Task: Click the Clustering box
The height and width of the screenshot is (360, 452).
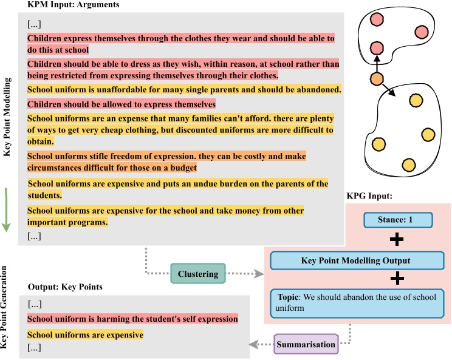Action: tap(199, 274)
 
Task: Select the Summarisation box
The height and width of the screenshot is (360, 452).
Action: tap(306, 345)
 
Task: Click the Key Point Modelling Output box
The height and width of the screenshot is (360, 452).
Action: tap(355, 260)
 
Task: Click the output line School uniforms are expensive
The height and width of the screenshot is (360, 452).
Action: tap(85, 335)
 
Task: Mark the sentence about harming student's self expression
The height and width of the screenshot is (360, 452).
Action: tap(132, 319)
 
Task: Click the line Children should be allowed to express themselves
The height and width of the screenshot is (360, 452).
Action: tap(122, 104)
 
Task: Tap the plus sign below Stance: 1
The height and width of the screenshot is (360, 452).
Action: tap(396, 239)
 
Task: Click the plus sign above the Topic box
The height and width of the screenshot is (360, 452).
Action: tap(396, 279)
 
